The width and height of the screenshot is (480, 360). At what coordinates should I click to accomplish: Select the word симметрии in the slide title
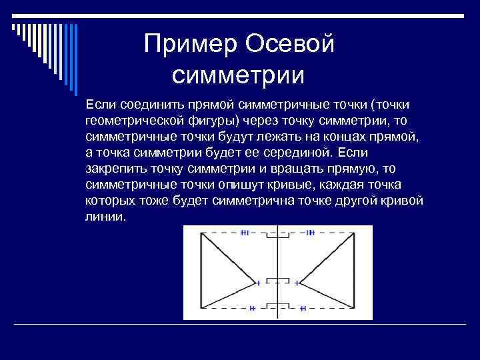pos(238,75)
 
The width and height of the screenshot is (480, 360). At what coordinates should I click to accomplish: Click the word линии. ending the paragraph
pos(105,217)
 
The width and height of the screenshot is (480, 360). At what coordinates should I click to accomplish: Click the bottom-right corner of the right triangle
pos(355,308)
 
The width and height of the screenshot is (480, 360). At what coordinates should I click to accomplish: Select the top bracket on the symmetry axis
pos(278,234)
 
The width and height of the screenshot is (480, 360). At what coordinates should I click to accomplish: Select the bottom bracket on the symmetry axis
pos(278,306)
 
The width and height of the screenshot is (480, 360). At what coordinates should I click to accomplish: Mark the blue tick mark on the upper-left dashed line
pos(245,233)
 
